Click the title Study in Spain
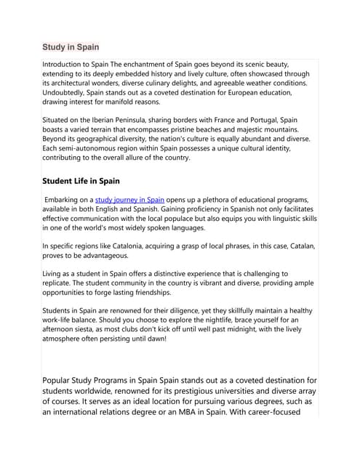[x=71, y=47]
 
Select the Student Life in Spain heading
[x=81, y=181]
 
